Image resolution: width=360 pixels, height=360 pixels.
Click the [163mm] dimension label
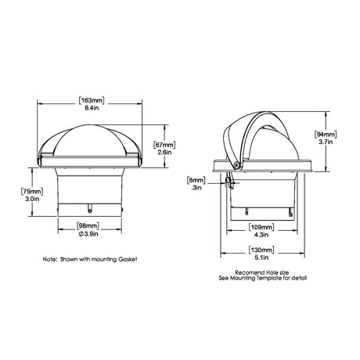tap(90, 101)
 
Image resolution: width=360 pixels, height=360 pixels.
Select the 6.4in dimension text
tap(90, 110)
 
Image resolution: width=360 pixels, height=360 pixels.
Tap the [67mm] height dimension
tap(163, 145)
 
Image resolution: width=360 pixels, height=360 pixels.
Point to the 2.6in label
tap(163, 153)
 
